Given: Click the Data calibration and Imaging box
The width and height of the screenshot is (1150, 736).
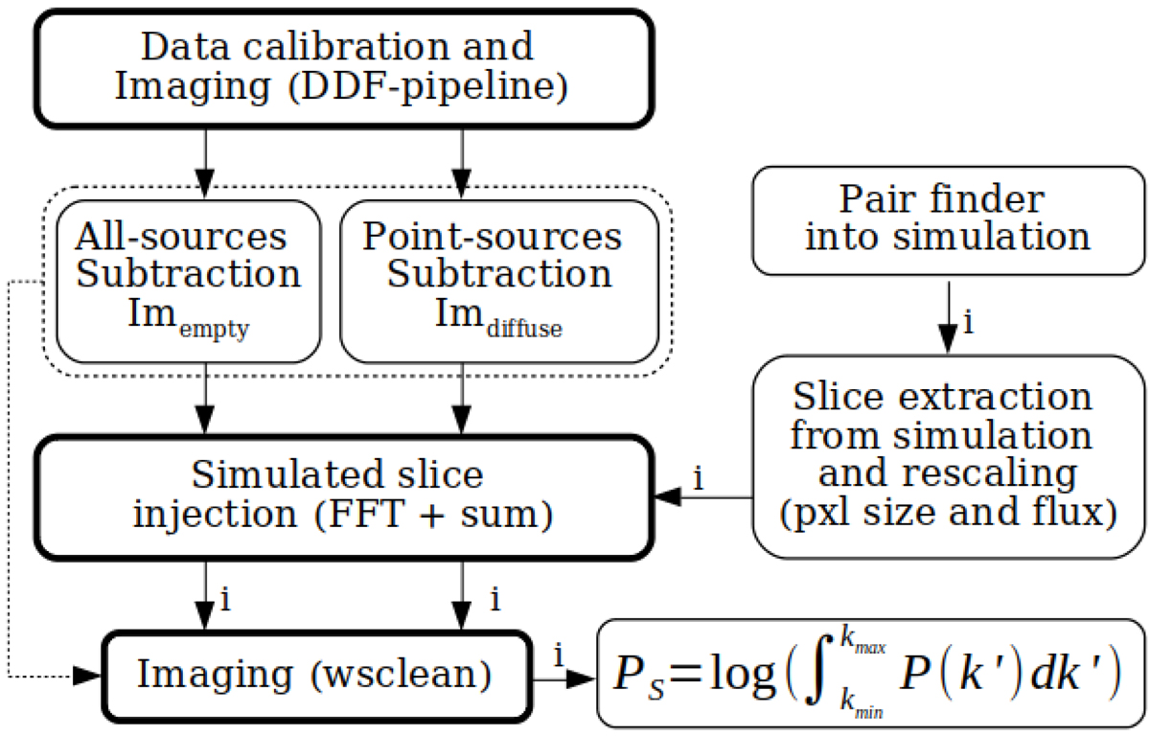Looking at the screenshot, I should (x=345, y=67).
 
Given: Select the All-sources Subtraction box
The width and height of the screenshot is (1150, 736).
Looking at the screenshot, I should (x=188, y=281).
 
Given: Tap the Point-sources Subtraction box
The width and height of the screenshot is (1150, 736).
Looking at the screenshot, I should (x=498, y=281).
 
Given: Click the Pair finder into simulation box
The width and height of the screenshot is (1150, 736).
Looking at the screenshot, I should (x=948, y=219).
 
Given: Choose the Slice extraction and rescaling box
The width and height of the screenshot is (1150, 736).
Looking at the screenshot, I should (x=948, y=455).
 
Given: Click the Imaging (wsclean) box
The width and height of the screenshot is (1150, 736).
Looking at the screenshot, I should (x=315, y=675).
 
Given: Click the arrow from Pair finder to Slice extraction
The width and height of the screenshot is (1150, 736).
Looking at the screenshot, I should (x=948, y=316).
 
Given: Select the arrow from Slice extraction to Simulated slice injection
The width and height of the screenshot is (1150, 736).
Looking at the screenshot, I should (x=704, y=497).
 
